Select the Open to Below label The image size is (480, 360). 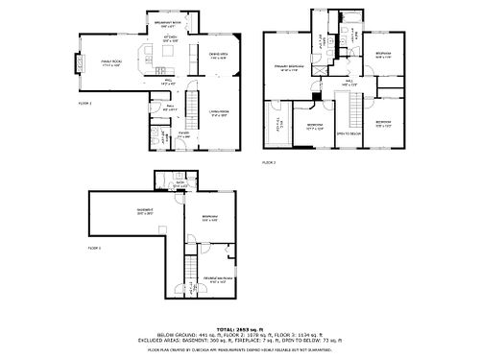(x=347, y=132)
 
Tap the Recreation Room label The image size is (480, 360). (x=219, y=280)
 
